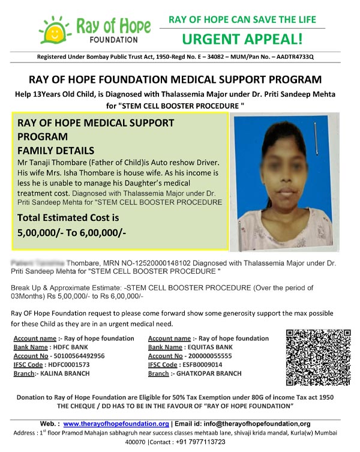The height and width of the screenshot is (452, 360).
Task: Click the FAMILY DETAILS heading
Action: coord(56,150)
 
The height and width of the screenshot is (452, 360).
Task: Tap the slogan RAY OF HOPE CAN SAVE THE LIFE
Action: coord(242,20)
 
